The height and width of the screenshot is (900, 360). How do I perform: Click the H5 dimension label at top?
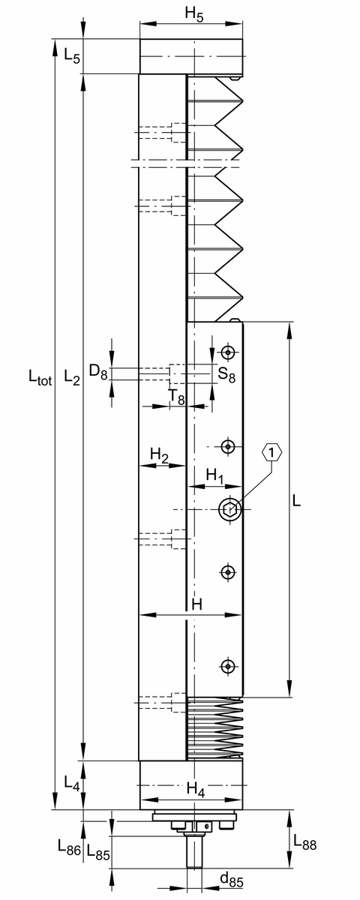point(194,14)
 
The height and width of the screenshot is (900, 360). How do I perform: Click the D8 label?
point(98,372)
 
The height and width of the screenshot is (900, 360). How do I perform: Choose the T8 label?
point(176,397)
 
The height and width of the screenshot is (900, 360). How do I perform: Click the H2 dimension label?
point(160,455)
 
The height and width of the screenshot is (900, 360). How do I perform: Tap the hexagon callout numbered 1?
point(272,453)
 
